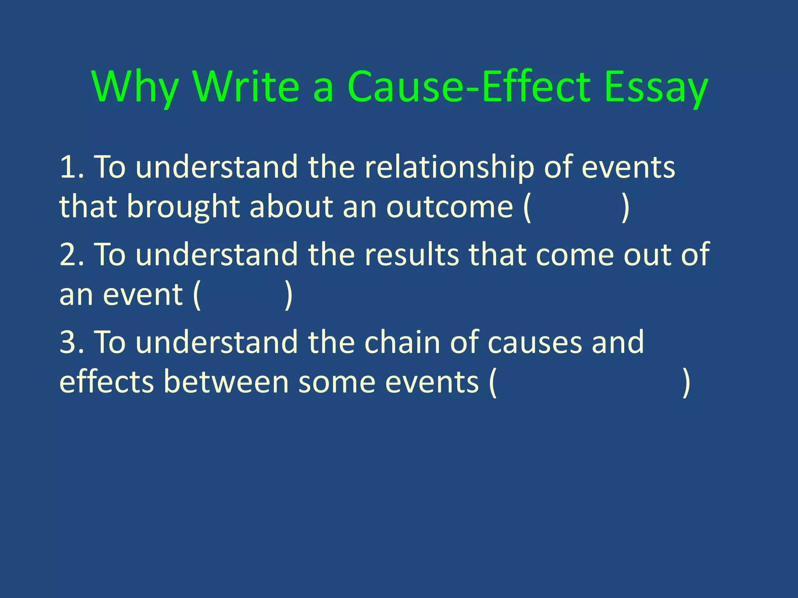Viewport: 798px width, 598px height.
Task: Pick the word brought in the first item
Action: [183, 207]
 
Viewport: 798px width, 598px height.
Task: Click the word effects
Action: [107, 382]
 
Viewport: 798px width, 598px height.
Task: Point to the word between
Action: [226, 382]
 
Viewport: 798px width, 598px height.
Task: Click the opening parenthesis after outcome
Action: [527, 208]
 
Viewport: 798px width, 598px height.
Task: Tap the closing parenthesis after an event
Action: [288, 296]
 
